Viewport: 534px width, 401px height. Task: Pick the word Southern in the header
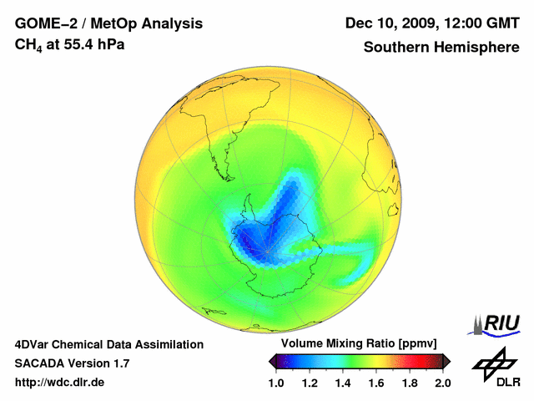[395, 48]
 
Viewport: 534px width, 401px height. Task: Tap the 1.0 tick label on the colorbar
[277, 383]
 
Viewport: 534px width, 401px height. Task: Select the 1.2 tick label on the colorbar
[310, 383]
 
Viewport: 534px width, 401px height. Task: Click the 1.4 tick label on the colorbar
[343, 383]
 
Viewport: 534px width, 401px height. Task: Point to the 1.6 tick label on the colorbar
[376, 383]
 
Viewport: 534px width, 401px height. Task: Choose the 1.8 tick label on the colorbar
[409, 383]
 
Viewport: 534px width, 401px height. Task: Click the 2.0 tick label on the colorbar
[442, 383]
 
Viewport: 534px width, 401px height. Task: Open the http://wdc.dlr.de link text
[59, 383]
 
